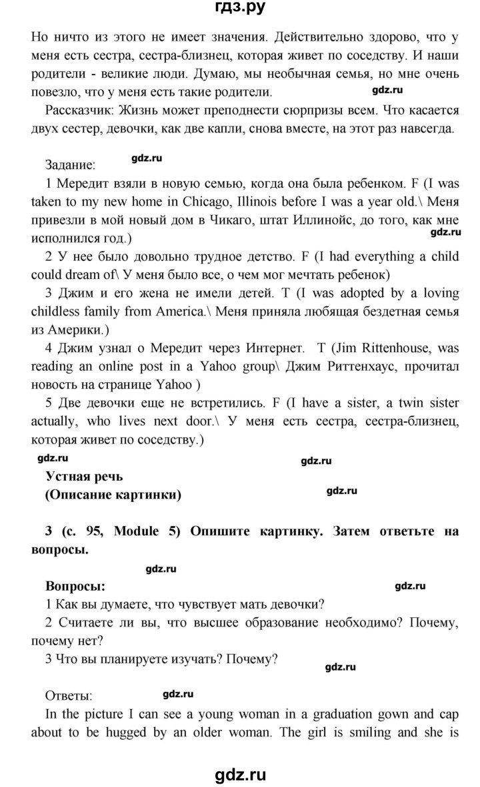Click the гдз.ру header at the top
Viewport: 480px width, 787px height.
click(x=241, y=8)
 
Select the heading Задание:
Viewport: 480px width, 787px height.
click(x=70, y=164)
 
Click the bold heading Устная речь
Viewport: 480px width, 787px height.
click(x=85, y=476)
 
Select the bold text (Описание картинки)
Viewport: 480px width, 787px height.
click(x=113, y=494)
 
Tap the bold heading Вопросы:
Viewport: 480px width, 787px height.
click(x=75, y=587)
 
